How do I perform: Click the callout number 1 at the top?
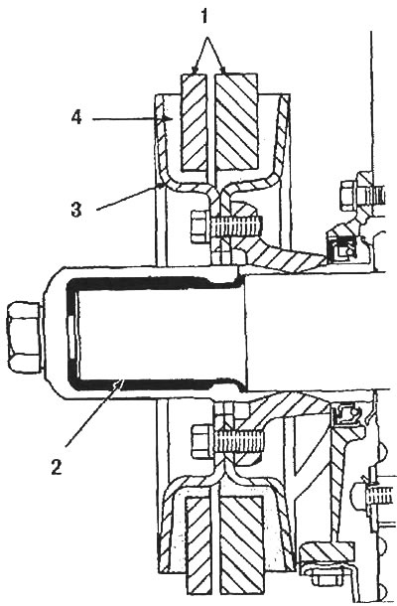(x=204, y=16)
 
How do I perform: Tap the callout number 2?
(x=57, y=468)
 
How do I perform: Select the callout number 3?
(x=76, y=210)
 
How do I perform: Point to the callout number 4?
(x=76, y=116)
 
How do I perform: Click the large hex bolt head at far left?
(x=24, y=337)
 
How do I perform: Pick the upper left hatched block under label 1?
(x=197, y=122)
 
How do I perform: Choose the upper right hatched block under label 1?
(x=237, y=122)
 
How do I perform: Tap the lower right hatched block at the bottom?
(x=241, y=549)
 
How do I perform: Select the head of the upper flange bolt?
(x=201, y=227)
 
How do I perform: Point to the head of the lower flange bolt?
(x=201, y=440)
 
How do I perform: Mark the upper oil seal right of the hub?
(x=339, y=248)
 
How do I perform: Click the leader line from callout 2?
(x=93, y=412)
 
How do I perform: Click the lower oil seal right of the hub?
(x=346, y=414)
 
